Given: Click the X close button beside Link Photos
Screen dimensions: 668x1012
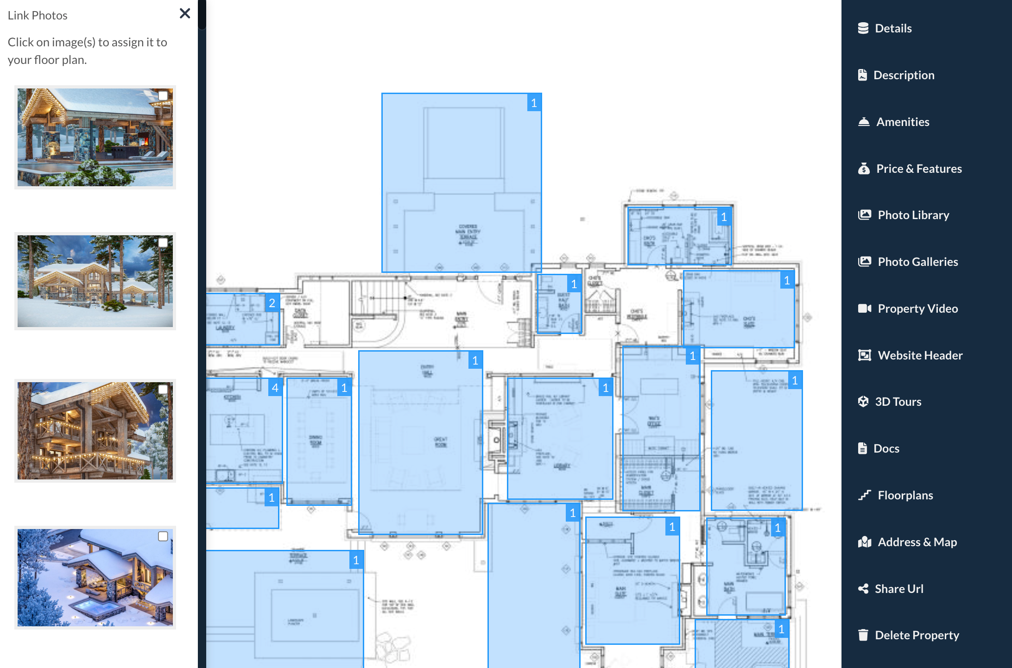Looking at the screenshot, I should pyautogui.click(x=185, y=13).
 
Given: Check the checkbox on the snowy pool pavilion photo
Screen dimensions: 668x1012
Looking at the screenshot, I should pyautogui.click(x=163, y=95).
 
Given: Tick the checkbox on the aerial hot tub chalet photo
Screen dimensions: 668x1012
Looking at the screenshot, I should pyautogui.click(x=163, y=536).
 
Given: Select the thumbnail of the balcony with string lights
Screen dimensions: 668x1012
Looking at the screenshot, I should pyautogui.click(x=95, y=431).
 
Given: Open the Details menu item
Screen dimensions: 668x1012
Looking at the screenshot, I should pyautogui.click(x=892, y=28).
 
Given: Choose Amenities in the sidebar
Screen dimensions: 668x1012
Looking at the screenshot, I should pyautogui.click(x=902, y=122).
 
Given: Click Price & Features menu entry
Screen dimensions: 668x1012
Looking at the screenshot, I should pyautogui.click(x=918, y=169).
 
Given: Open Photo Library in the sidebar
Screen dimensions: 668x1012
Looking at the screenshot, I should pyautogui.click(x=913, y=215).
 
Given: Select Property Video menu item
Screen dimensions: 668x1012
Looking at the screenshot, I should pyautogui.click(x=917, y=309).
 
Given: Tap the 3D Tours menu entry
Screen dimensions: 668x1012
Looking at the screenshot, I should pyautogui.click(x=898, y=402).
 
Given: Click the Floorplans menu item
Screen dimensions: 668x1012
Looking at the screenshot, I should pyautogui.click(x=905, y=495).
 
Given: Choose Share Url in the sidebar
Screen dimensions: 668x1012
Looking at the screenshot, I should pyautogui.click(x=898, y=589).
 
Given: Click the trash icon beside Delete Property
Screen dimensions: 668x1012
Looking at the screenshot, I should pyautogui.click(x=863, y=635).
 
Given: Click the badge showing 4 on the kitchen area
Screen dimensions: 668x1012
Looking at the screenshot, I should pyautogui.click(x=275, y=388).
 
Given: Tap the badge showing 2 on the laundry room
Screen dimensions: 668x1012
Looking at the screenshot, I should pyautogui.click(x=272, y=303).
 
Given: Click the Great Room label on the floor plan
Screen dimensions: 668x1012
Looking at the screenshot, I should pyautogui.click(x=440, y=442).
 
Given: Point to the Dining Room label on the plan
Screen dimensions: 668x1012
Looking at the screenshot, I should pyautogui.click(x=316, y=440).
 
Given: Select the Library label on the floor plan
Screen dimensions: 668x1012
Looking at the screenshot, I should pyautogui.click(x=562, y=466).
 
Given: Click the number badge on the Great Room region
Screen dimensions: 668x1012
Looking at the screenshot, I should pyautogui.click(x=475, y=360).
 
